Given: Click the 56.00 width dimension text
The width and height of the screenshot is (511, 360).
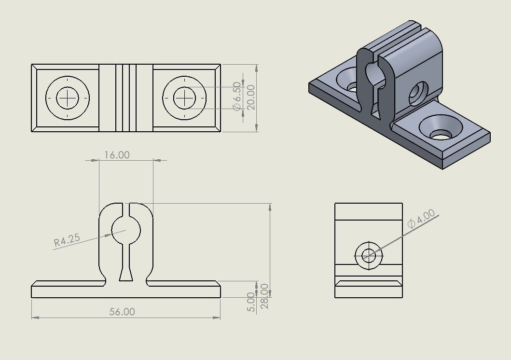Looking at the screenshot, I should coord(122,312).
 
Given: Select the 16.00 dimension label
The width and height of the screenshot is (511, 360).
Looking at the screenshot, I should coord(117,155).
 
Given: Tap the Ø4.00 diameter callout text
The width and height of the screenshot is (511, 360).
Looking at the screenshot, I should coord(421,219).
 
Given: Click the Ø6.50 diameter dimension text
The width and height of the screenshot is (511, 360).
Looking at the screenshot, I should coord(236,97).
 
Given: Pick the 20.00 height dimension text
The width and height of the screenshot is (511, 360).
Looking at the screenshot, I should coord(251,97).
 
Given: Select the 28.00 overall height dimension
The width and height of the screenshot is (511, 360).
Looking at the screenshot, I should coord(264,296).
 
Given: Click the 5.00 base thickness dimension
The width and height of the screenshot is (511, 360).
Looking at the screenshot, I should coord(250,302).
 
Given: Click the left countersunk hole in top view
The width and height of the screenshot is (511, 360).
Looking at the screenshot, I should coord(68,98).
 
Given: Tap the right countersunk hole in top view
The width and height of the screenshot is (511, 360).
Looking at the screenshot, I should coord(184,98).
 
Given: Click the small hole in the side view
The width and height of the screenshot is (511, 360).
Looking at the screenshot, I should coord(369,255).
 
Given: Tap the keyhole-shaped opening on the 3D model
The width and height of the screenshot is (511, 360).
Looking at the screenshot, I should coord(373,75).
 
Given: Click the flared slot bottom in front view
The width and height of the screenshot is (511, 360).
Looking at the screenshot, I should coord(126,276).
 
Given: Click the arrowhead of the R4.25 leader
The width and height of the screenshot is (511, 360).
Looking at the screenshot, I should coord(109,235).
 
